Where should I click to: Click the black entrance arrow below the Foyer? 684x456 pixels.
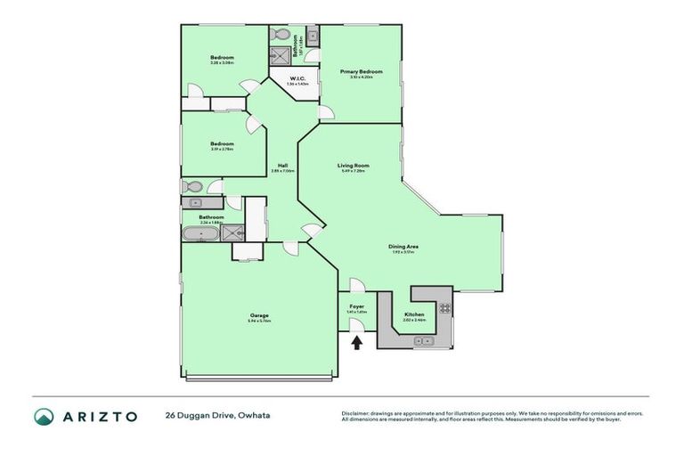pyautogui.click(x=358, y=341)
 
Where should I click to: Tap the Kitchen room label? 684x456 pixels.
pyautogui.click(x=415, y=314)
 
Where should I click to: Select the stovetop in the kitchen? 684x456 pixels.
pyautogui.click(x=444, y=308)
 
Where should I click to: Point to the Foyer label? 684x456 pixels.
pyautogui.click(x=355, y=307)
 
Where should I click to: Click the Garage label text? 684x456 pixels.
pyautogui.click(x=259, y=315)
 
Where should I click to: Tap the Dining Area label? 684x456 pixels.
pyautogui.click(x=403, y=246)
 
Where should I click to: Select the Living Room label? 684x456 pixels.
pyautogui.click(x=353, y=165)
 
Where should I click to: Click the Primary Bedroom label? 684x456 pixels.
pyautogui.click(x=361, y=71)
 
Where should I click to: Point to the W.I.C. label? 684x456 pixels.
pyautogui.click(x=296, y=78)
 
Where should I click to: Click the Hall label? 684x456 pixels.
pyautogui.click(x=281, y=165)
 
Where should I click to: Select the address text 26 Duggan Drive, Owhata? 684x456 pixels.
pyautogui.click(x=217, y=416)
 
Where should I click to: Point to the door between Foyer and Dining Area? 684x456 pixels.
pyautogui.click(x=355, y=285)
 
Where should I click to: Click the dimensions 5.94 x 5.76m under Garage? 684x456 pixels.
pyautogui.click(x=259, y=321)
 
